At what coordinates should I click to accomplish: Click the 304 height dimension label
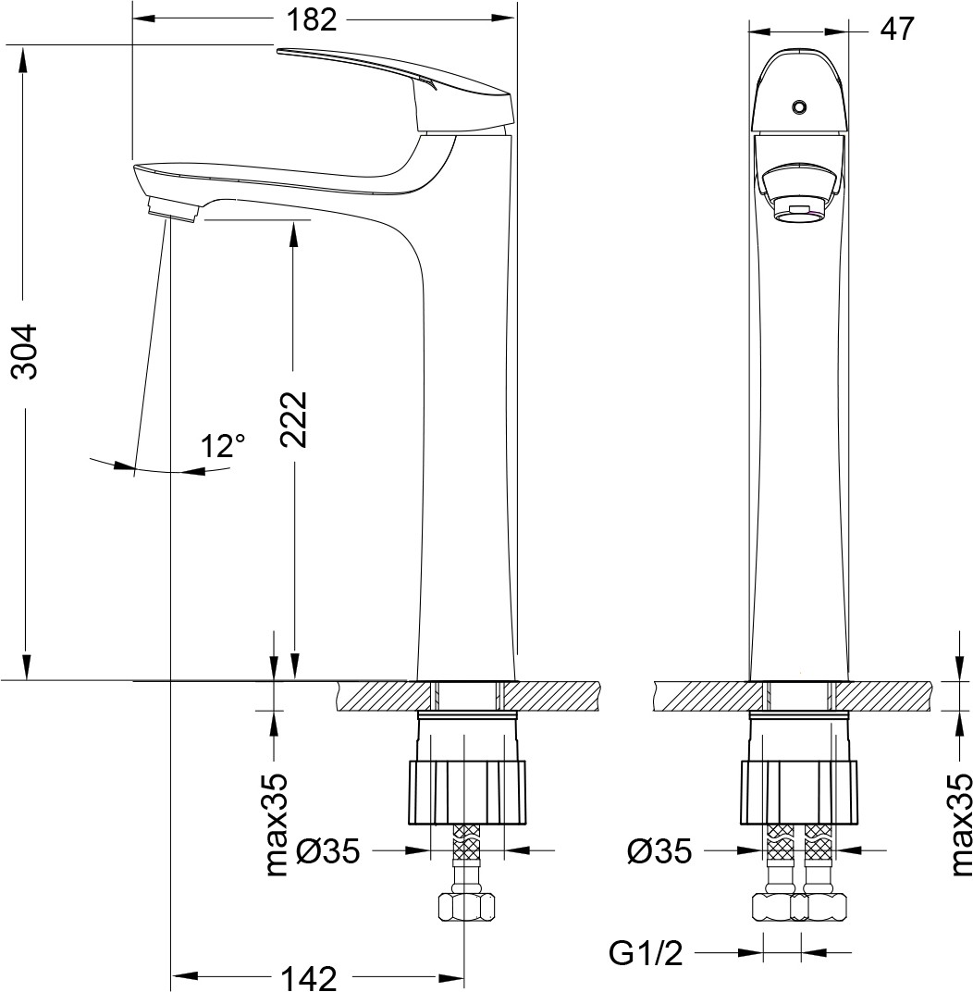pos(26,352)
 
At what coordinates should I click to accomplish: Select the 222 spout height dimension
pos(293,419)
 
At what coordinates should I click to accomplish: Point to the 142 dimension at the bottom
pos(309,977)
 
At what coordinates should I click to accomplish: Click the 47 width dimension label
pos(897,29)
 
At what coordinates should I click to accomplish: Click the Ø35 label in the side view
pos(328,851)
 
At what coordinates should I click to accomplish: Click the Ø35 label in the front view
pos(660,851)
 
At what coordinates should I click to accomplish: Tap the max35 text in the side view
pos(276,824)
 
